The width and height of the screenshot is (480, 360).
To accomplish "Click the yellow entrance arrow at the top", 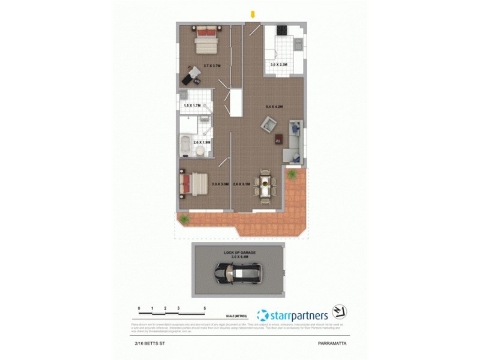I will point(253,14).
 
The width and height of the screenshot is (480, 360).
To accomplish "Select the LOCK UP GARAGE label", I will point(240,253).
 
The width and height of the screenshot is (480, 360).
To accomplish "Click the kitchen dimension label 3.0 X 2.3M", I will point(280,65).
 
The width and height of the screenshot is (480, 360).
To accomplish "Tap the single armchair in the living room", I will point(268,127).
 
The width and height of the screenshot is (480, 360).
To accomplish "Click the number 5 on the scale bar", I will point(205,307).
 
